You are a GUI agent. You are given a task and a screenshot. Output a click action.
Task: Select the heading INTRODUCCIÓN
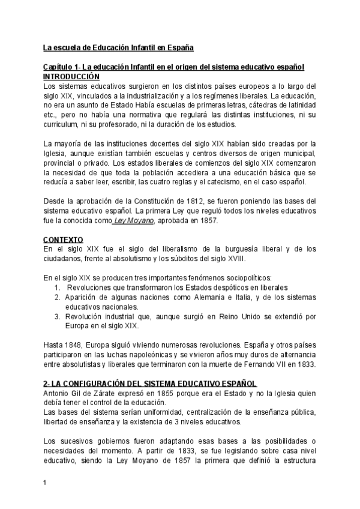point(71,77)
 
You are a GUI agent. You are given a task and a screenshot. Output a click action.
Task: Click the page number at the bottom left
point(45,481)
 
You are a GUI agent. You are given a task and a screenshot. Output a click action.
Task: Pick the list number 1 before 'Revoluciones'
point(57,288)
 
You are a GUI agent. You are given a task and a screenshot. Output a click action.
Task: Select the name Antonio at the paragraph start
point(57,393)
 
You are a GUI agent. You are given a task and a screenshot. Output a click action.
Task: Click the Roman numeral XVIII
point(237,258)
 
